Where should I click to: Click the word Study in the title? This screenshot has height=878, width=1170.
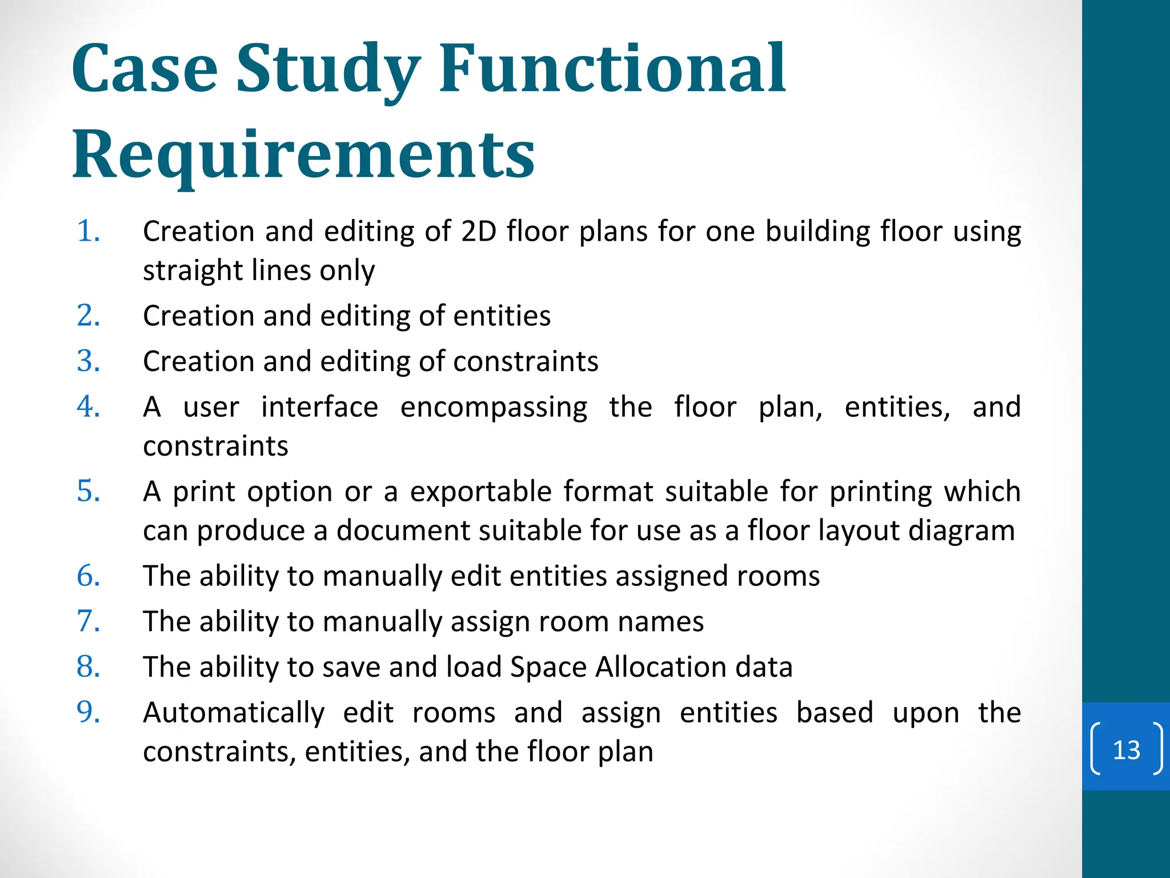tap(328, 70)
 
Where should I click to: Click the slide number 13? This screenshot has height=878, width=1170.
tap(1126, 749)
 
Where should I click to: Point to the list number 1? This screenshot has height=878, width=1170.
tap(89, 232)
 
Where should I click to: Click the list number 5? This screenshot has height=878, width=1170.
tap(89, 492)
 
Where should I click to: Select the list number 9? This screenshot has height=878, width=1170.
tap(89, 713)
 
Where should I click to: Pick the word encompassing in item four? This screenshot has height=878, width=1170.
tap(494, 408)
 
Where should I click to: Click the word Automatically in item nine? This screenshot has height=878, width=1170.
tap(234, 713)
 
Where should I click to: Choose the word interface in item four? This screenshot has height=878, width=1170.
tap(319, 408)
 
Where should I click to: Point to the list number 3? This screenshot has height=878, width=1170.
tap(89, 361)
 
